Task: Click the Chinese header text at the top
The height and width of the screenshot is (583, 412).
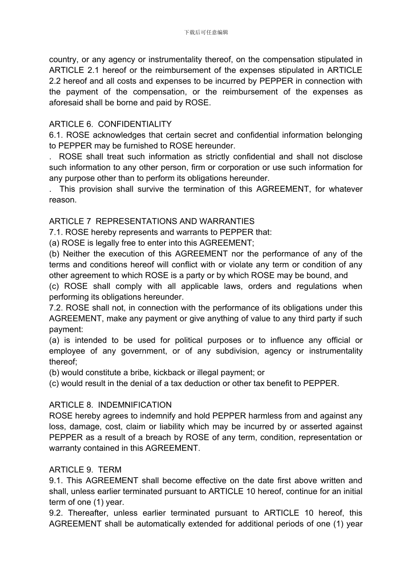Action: pyautogui.click(x=206, y=32)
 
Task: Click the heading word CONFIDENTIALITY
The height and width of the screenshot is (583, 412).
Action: pyautogui.click(x=135, y=124)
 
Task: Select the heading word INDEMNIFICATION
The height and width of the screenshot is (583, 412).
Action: pyautogui.click(x=135, y=405)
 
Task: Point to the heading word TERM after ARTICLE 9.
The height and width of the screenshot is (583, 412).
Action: pyautogui.click(x=110, y=470)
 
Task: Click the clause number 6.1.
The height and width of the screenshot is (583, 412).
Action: pyautogui.click(x=56, y=135)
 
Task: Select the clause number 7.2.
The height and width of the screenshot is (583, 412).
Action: pyautogui.click(x=56, y=308)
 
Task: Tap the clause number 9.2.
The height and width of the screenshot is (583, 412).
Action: pyautogui.click(x=56, y=513)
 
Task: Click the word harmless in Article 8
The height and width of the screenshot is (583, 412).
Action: pyautogui.click(x=264, y=416)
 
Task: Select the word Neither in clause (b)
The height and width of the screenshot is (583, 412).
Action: pyautogui.click(x=76, y=254)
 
